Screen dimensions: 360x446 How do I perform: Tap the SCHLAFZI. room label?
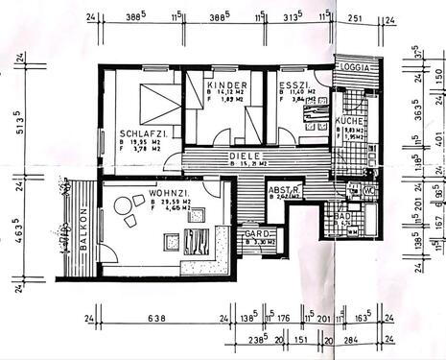coord(143,133)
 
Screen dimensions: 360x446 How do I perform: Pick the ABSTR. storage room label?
coord(285,190)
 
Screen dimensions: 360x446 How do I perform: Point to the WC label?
coord(368,191)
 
